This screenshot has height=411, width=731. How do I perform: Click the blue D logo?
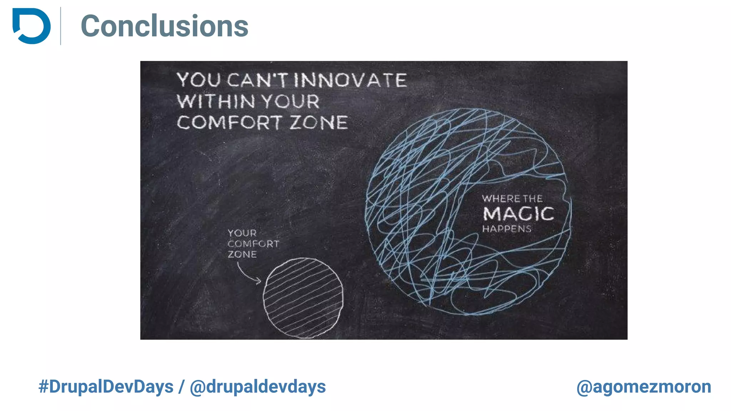pyautogui.click(x=31, y=26)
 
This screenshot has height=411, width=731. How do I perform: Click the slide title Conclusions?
pyautogui.click(x=165, y=26)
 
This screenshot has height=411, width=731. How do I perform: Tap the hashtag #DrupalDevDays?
pyautogui.click(x=106, y=387)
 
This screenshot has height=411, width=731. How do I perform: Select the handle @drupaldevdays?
pyautogui.click(x=258, y=387)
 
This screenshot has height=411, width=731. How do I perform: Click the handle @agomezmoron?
pyautogui.click(x=644, y=387)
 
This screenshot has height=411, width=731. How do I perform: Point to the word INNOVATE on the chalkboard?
pyautogui.click(x=350, y=80)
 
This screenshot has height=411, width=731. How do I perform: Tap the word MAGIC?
pyautogui.click(x=518, y=214)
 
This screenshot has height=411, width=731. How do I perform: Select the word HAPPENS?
pyautogui.click(x=507, y=229)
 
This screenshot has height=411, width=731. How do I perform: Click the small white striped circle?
pyautogui.click(x=303, y=298)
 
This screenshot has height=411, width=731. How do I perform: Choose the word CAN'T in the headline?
pyautogui.click(x=257, y=80)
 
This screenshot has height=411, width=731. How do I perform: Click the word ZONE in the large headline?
pyautogui.click(x=318, y=123)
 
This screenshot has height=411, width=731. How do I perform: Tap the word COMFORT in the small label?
pyautogui.click(x=253, y=244)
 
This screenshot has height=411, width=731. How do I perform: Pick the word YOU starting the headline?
pyautogui.click(x=198, y=80)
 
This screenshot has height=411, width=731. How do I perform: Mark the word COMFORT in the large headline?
pyautogui.click(x=229, y=123)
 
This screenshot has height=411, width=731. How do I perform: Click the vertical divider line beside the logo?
pyautogui.click(x=61, y=26)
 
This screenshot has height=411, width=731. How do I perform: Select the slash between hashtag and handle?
pyautogui.click(x=182, y=387)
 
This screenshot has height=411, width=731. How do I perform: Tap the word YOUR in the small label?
pyautogui.click(x=242, y=233)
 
